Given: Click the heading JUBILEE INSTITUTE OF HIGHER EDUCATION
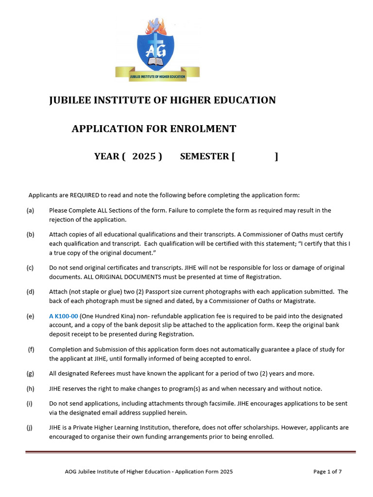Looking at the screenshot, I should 163,100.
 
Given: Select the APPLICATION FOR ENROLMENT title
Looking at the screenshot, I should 154,129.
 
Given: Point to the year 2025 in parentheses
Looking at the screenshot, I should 144,156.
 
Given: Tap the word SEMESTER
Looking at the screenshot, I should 204,156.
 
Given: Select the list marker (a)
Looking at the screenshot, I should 30,211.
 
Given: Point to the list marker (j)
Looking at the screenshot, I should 30,428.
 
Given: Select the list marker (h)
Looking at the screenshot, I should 30,389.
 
